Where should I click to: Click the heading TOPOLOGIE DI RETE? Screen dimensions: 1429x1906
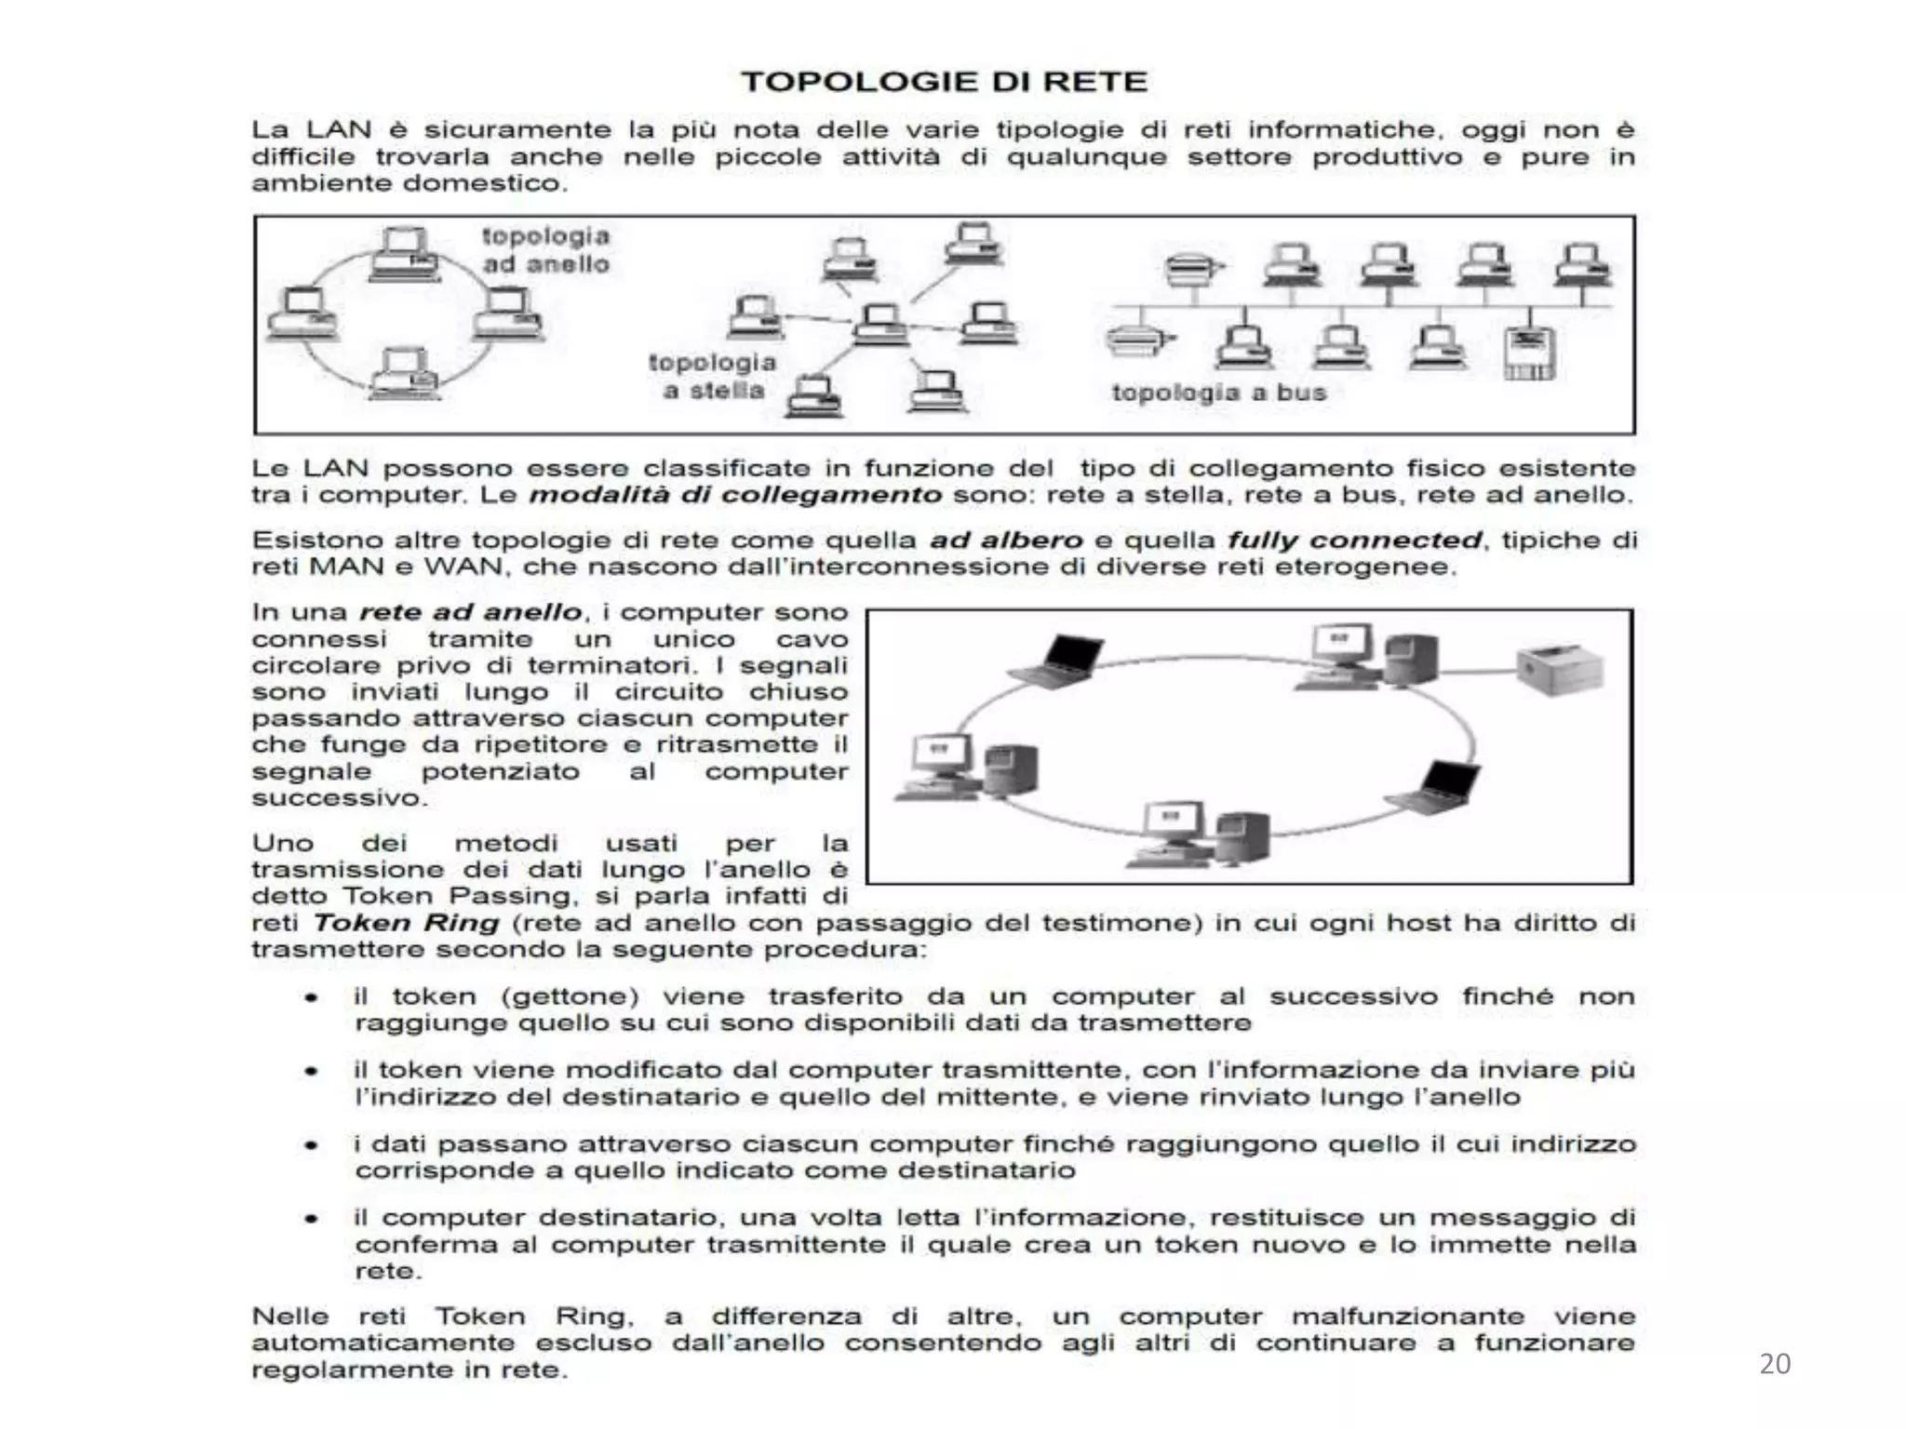pyautogui.click(x=944, y=82)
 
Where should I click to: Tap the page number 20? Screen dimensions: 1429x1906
pyautogui.click(x=1775, y=1364)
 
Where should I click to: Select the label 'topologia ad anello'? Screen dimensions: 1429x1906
pyautogui.click(x=545, y=250)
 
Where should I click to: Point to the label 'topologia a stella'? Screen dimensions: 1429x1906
pyautogui.click(x=712, y=376)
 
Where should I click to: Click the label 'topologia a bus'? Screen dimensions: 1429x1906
pyautogui.click(x=1218, y=393)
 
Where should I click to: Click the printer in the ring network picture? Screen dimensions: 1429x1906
pyautogui.click(x=1561, y=668)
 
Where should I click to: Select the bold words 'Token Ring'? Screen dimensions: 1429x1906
pyautogui.click(x=406, y=923)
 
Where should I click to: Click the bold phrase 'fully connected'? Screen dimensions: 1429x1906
pyautogui.click(x=1354, y=540)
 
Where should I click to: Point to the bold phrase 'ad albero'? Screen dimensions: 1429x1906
pyautogui.click(x=1006, y=540)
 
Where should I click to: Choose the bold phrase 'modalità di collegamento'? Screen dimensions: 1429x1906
pyautogui.click(x=735, y=494)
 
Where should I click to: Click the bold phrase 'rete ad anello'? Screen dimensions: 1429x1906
pyautogui.click(x=471, y=612)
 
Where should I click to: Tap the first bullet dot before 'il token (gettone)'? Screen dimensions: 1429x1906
pyautogui.click(x=312, y=997)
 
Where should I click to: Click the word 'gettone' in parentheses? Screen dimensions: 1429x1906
pyautogui.click(x=570, y=997)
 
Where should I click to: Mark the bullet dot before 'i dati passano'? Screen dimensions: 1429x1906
pyautogui.click(x=312, y=1144)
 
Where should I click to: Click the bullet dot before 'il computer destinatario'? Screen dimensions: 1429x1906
pyautogui.click(x=312, y=1218)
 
